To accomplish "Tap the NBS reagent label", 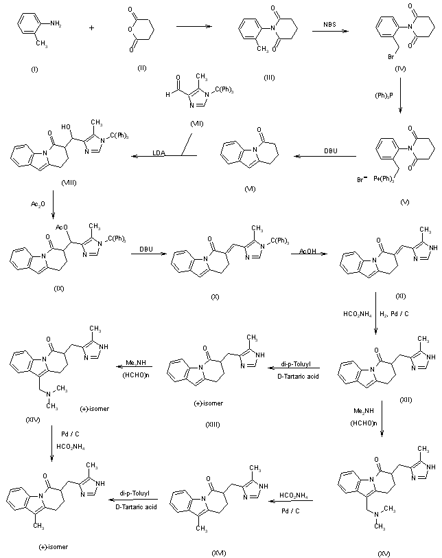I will click(332, 25).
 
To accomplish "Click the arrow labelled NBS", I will click(332, 32).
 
